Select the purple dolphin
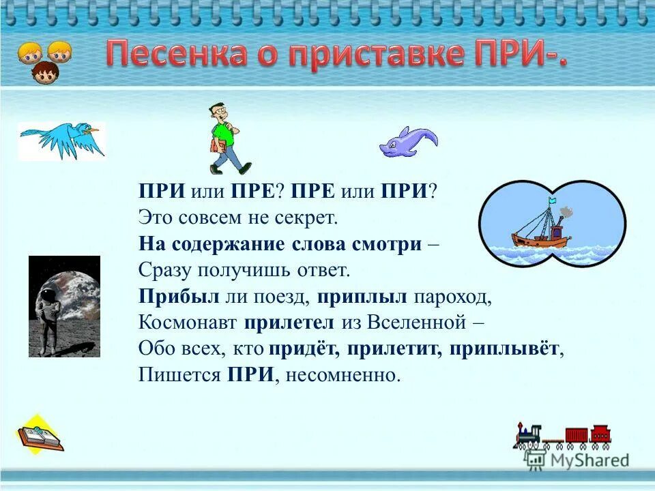coord(407,142)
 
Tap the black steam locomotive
coord(529,436)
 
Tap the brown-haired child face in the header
coord(45,72)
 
